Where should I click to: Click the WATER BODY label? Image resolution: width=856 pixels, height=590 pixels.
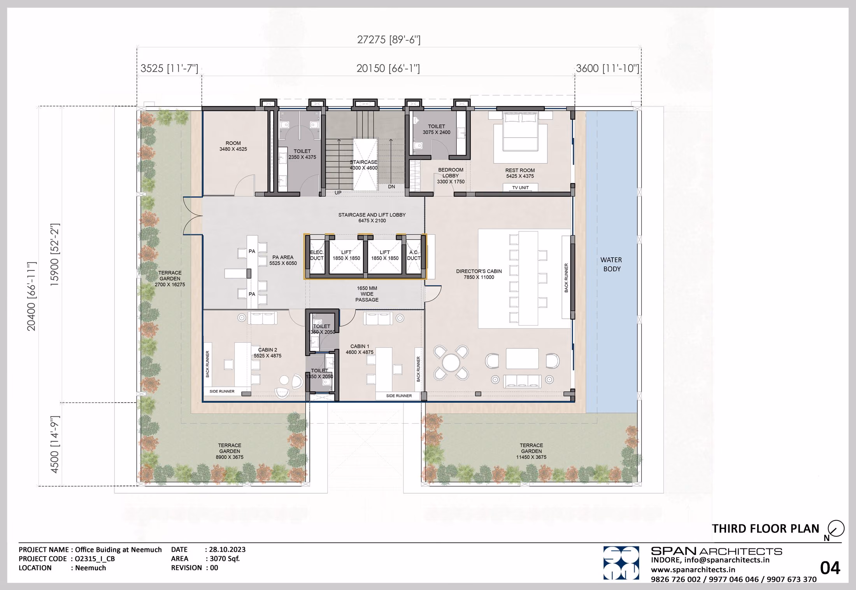pos(611,264)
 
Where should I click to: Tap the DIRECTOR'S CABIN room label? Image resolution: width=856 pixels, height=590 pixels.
pos(479,274)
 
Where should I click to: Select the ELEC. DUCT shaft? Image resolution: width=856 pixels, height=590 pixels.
pos(317,255)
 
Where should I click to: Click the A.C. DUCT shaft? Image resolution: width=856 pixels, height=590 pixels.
pos(414,255)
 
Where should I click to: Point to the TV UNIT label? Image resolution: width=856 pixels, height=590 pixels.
pos(520,188)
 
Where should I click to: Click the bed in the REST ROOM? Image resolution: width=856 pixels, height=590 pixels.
pos(520,131)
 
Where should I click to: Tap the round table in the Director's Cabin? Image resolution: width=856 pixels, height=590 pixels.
pos(451,363)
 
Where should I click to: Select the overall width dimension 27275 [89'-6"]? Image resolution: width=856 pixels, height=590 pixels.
pos(389,40)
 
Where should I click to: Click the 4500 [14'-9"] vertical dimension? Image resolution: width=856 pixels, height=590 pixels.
pos(54,444)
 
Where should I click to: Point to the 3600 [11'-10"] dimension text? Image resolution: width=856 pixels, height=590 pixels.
pos(607,68)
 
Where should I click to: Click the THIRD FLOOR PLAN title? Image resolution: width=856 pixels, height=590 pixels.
pos(765,529)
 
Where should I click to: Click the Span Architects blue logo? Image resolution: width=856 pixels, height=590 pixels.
pos(621,563)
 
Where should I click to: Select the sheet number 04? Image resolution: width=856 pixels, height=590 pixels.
pos(830,568)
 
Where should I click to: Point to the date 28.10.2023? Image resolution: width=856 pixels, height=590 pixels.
pos(227,550)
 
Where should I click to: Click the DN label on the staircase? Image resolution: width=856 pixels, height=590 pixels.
pos(391,187)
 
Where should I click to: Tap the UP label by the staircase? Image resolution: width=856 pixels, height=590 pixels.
pos(338,193)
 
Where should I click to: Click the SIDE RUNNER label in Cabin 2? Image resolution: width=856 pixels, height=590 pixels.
pos(222,391)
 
